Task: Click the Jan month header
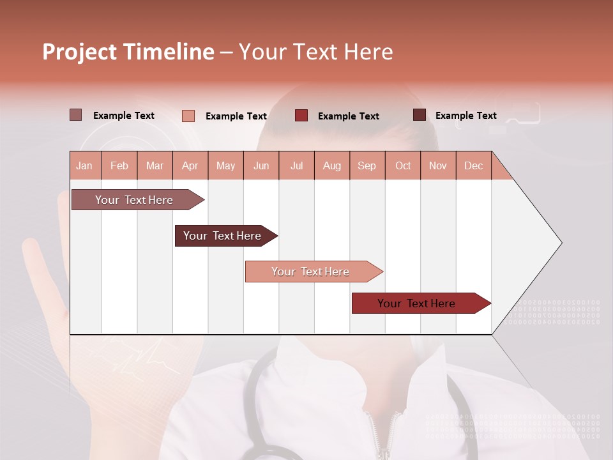pyautogui.click(x=85, y=165)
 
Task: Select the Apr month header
pyautogui.click(x=190, y=165)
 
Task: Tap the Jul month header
pyautogui.click(x=297, y=165)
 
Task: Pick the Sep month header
pyautogui.click(x=367, y=165)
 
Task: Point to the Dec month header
pyautogui.click(x=474, y=165)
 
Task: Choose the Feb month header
pyautogui.click(x=119, y=165)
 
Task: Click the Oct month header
pyautogui.click(x=403, y=165)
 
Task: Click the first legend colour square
pyautogui.click(x=75, y=115)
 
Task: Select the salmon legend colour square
pyautogui.click(x=188, y=116)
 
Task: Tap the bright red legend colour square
pyautogui.click(x=301, y=116)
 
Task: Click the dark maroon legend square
pyautogui.click(x=419, y=115)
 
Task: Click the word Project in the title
pyautogui.click(x=79, y=52)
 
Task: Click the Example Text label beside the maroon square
pyautogui.click(x=465, y=116)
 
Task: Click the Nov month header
pyautogui.click(x=438, y=165)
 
